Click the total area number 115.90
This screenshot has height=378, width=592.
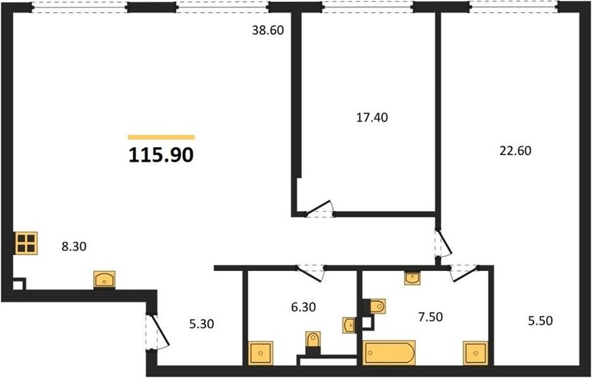161,155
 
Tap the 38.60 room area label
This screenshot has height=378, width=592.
268,30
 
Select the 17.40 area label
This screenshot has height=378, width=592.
372,118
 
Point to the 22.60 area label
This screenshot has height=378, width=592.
515,151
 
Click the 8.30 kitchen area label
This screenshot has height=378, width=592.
74,247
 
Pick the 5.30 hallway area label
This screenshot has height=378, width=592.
202,323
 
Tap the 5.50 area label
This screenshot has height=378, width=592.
540,321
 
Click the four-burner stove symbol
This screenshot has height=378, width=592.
26,243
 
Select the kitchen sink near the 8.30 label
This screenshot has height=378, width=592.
105,280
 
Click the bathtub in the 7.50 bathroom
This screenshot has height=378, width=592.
389,353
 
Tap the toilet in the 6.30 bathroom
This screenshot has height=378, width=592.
313,343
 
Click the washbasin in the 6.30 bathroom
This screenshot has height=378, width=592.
349,325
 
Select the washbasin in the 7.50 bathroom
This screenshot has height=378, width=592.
412,279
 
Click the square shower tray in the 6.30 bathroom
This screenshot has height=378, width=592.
260,354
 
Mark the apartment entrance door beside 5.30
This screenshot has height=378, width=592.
157,331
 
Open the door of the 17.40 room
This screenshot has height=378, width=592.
320,209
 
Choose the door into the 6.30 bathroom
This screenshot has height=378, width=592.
310,273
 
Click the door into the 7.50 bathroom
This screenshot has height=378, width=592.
464,273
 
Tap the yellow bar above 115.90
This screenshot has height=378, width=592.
161,137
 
